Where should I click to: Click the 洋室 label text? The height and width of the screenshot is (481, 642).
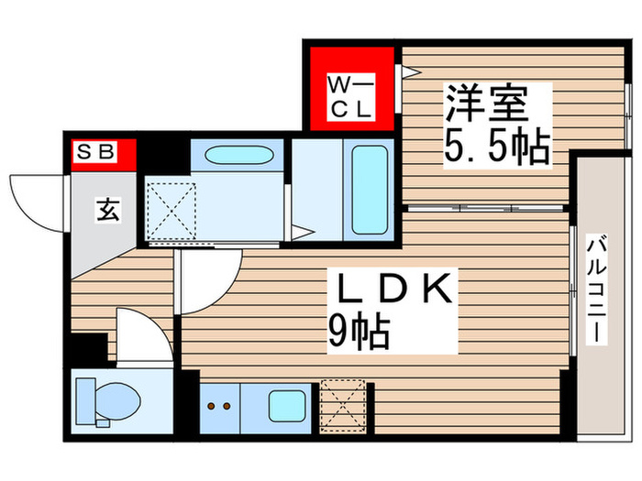(x=486, y=103)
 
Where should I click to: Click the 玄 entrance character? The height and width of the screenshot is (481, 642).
(x=106, y=211)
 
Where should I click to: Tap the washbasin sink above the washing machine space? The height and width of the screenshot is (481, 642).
(x=235, y=156)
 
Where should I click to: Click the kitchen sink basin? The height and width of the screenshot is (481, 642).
(x=288, y=404)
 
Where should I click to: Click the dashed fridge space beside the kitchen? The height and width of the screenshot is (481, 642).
(x=340, y=404)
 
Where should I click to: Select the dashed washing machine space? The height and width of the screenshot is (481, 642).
(x=172, y=209)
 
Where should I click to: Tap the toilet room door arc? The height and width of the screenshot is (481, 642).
(x=142, y=334)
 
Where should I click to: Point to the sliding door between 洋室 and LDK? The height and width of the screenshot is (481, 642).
(x=486, y=210)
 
